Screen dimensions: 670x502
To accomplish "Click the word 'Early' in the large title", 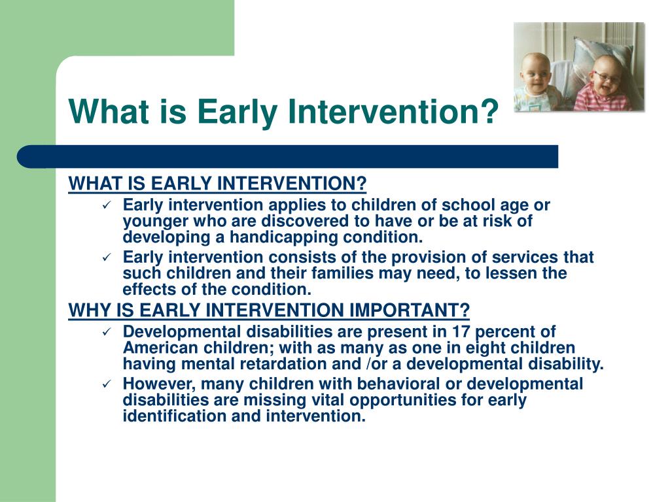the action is [237, 112].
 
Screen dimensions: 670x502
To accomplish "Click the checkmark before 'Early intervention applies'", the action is [107, 205].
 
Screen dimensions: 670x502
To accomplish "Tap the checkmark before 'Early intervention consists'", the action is [107, 258].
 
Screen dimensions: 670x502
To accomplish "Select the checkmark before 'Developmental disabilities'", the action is [107, 331].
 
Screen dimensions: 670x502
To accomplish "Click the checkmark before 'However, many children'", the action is [107, 384].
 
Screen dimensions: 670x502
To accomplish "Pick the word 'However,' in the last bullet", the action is [159, 384].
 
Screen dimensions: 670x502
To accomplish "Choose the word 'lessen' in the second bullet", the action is [512, 273].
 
